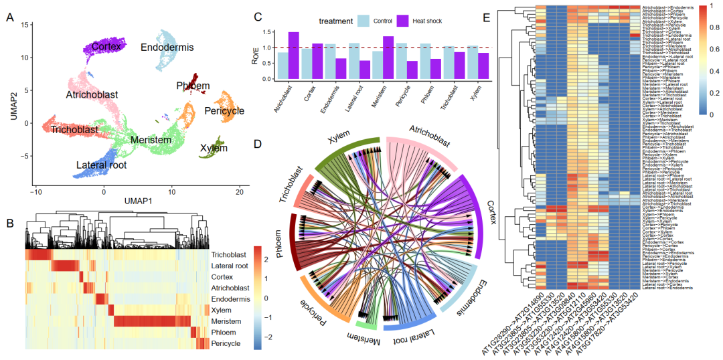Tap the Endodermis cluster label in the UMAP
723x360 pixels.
tap(167, 48)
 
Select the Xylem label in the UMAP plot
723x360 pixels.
tap(214, 148)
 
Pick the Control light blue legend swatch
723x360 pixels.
tap(364, 21)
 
